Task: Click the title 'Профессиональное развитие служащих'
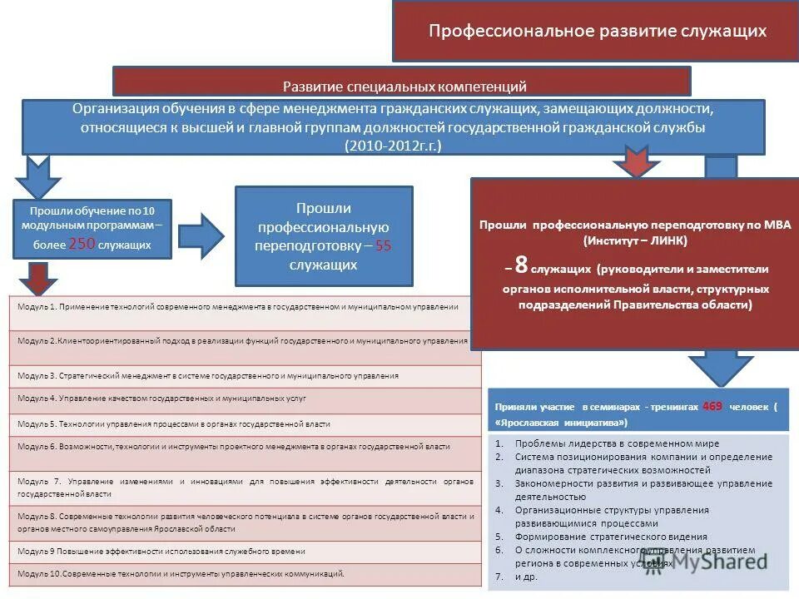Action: click(597, 32)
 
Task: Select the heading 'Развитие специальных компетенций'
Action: click(404, 86)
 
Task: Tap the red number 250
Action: click(82, 244)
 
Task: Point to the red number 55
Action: click(383, 246)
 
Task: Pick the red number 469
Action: click(712, 406)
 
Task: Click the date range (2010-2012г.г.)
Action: click(392, 146)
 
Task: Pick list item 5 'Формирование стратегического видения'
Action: click(611, 537)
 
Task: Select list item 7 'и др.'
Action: click(526, 577)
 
